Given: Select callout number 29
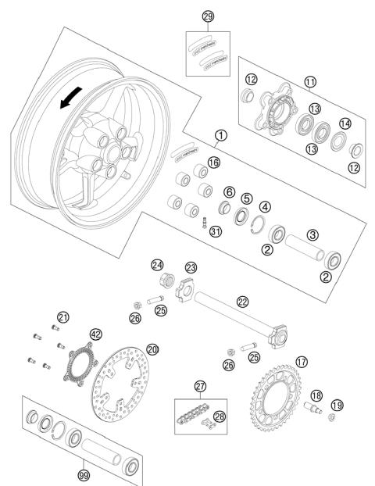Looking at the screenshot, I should click(x=208, y=16).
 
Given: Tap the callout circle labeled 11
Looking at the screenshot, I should click(x=311, y=81).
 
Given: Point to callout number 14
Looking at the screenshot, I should click(x=345, y=123).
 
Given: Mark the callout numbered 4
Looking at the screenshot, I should click(x=266, y=207).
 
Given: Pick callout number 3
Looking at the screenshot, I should click(x=311, y=234).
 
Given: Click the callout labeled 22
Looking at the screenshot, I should click(x=243, y=301).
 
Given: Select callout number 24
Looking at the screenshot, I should click(x=159, y=264).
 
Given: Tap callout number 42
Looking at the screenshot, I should click(x=96, y=333).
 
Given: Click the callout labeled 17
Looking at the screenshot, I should click(x=302, y=363).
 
